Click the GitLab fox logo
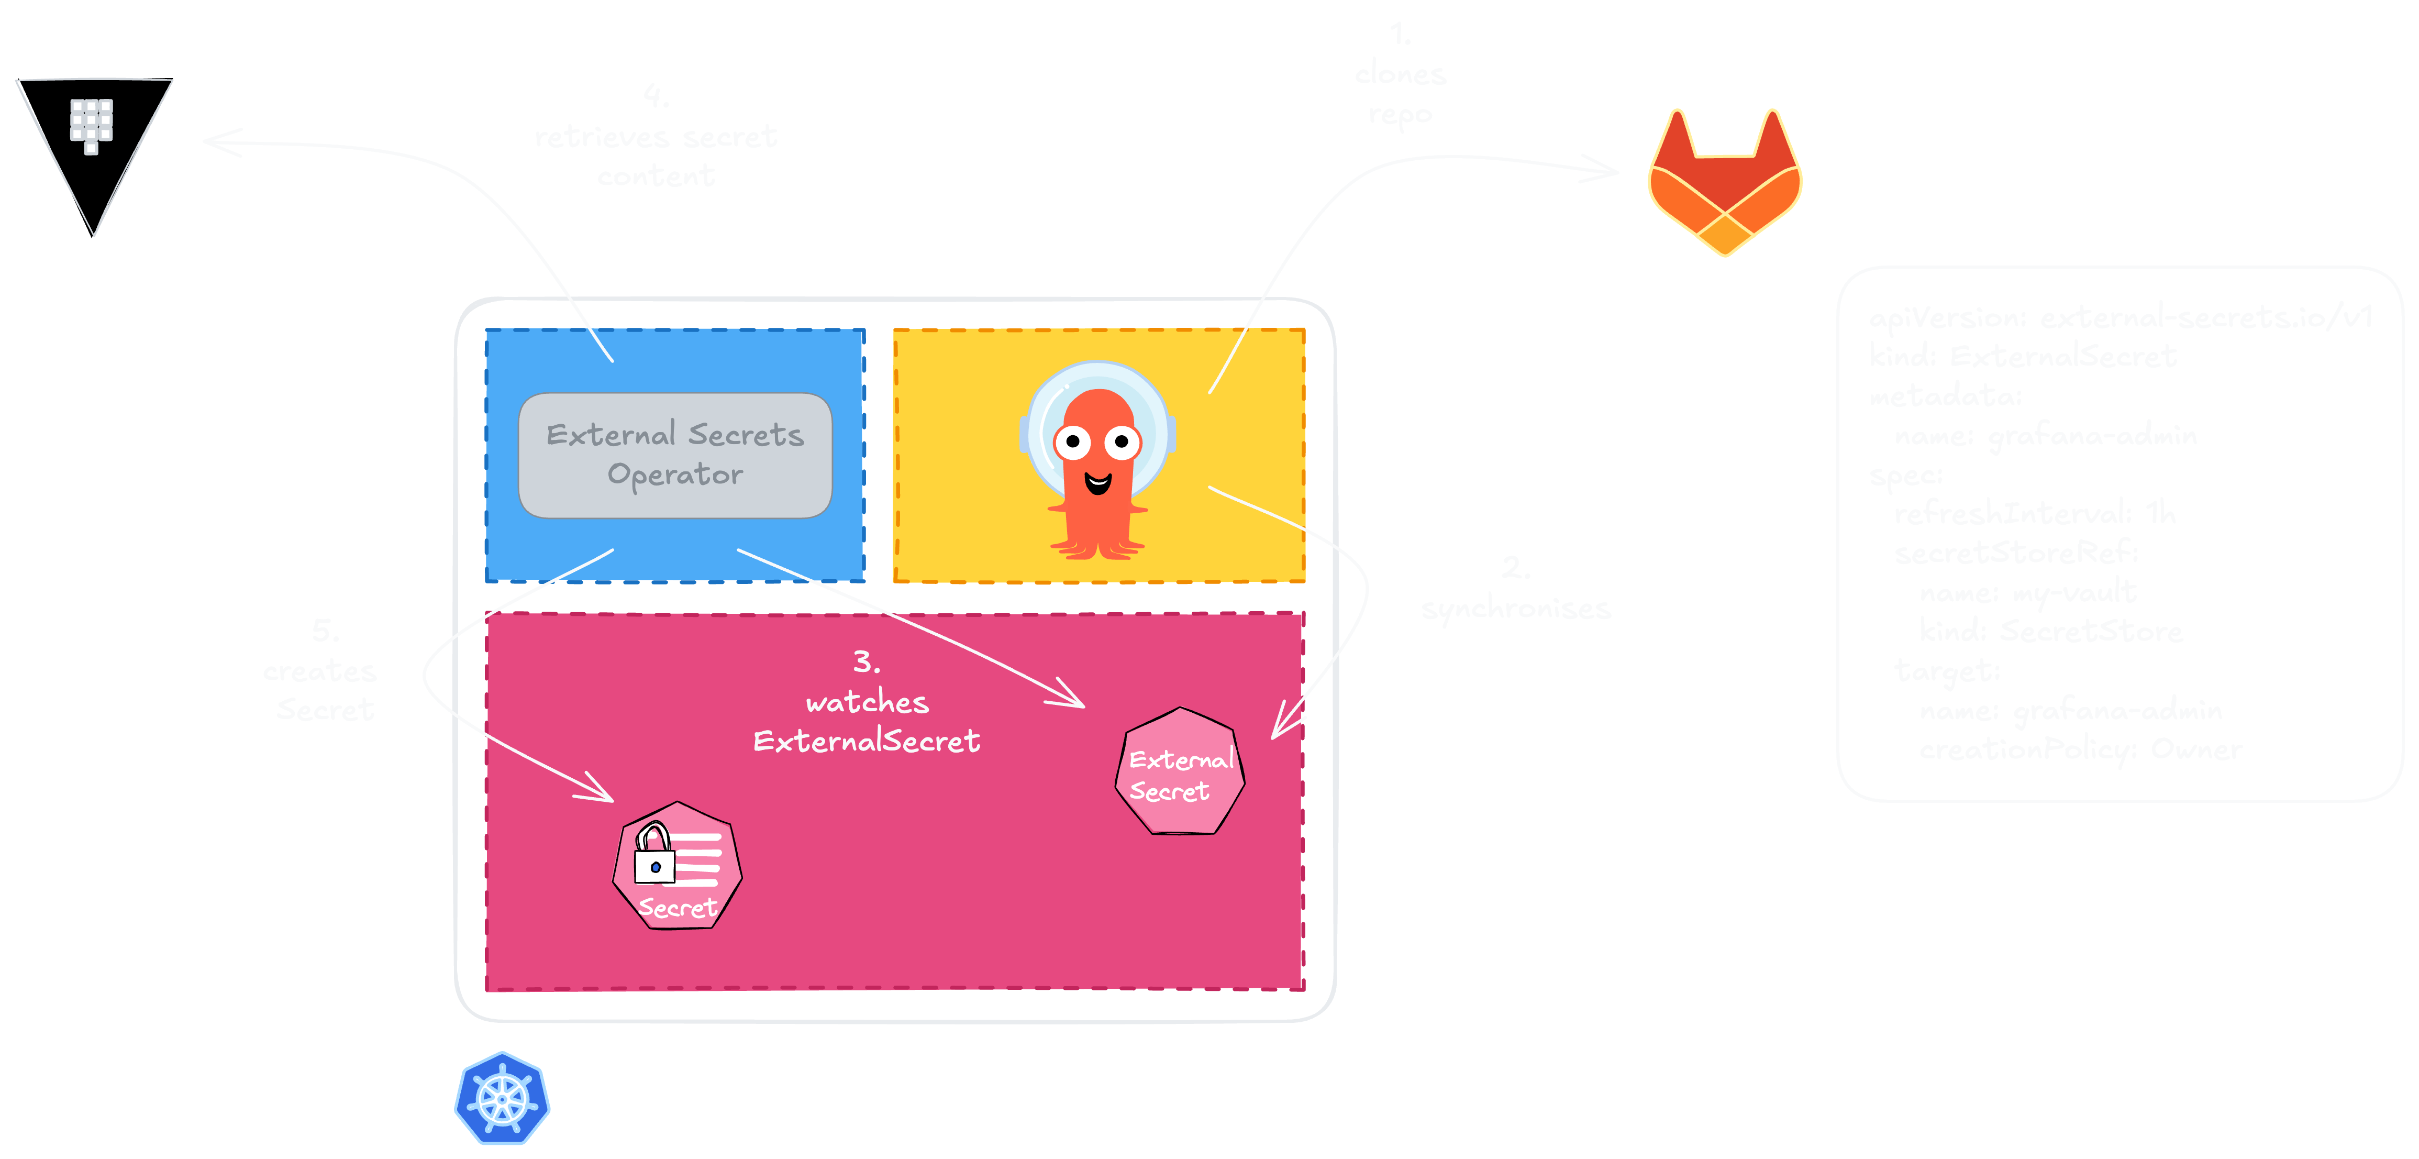pyautogui.click(x=1725, y=183)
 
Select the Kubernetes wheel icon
pyautogui.click(x=503, y=1099)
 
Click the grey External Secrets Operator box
pyautogui.click(x=675, y=456)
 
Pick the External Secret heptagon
pyautogui.click(x=1180, y=772)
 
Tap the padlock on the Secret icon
pyautogui.click(x=654, y=855)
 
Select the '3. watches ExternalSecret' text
pyautogui.click(x=867, y=702)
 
